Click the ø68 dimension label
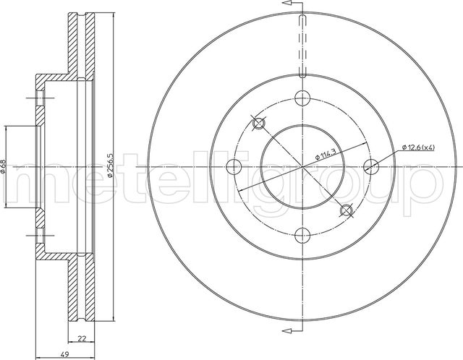[5, 166]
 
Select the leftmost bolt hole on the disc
[232, 166]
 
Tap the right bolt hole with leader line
[372, 166]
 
